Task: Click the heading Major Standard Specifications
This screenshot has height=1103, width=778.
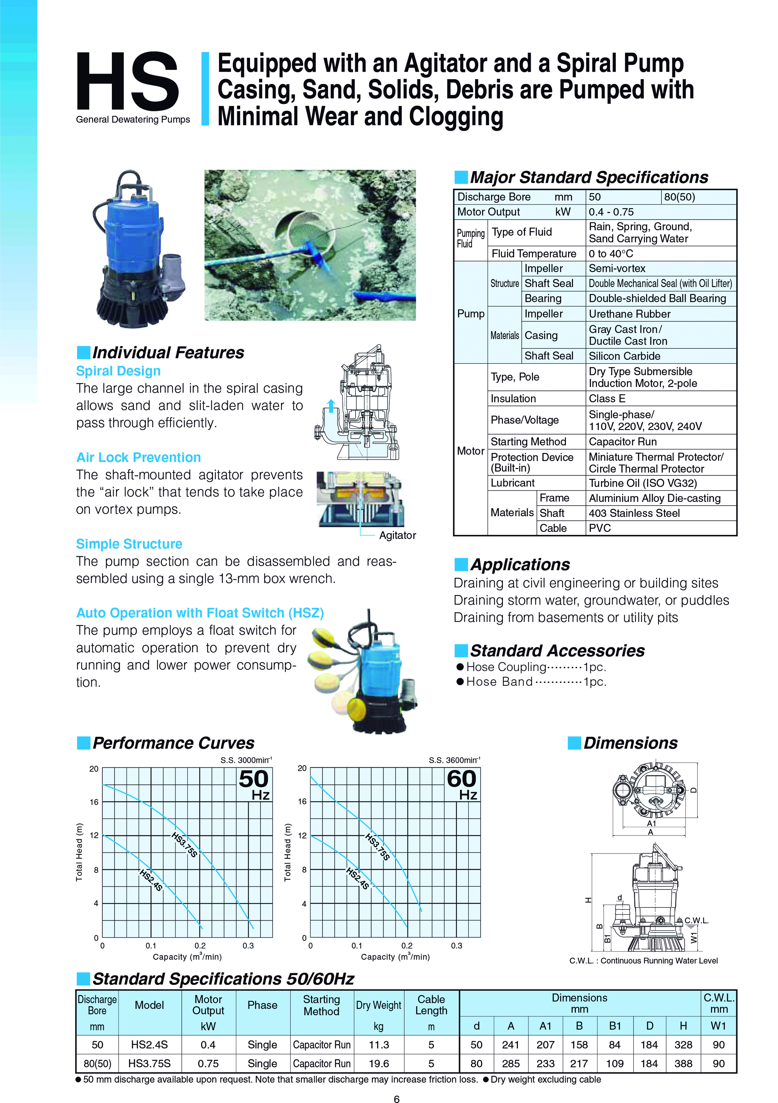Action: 588,177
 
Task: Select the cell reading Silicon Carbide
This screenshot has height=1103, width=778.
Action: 624,356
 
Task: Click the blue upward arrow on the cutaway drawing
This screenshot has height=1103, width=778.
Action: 331,406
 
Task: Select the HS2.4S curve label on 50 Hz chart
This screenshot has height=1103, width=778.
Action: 151,880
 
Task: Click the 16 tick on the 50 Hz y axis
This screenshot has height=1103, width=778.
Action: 94,802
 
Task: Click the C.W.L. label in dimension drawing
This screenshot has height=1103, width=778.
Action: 696,921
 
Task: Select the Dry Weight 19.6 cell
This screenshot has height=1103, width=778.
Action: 379,1064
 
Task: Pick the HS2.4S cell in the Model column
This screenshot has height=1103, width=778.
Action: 149,1045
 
